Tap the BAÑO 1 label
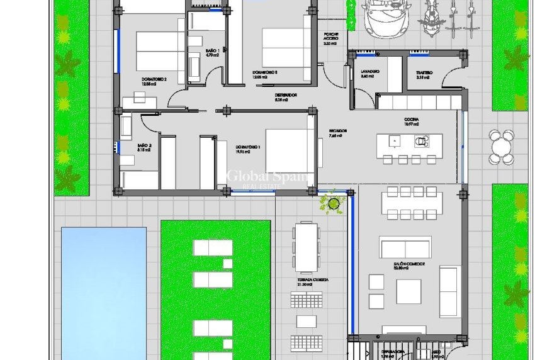tap(212, 52)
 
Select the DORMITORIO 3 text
tap(265, 72)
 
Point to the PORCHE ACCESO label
tap(331, 38)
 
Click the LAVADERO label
tap(371, 72)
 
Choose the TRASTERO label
tap(424, 73)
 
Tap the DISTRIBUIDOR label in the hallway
tap(285, 96)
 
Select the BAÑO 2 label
tap(144, 147)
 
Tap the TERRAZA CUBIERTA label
tap(313, 281)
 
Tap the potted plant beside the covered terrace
tap(332, 202)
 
